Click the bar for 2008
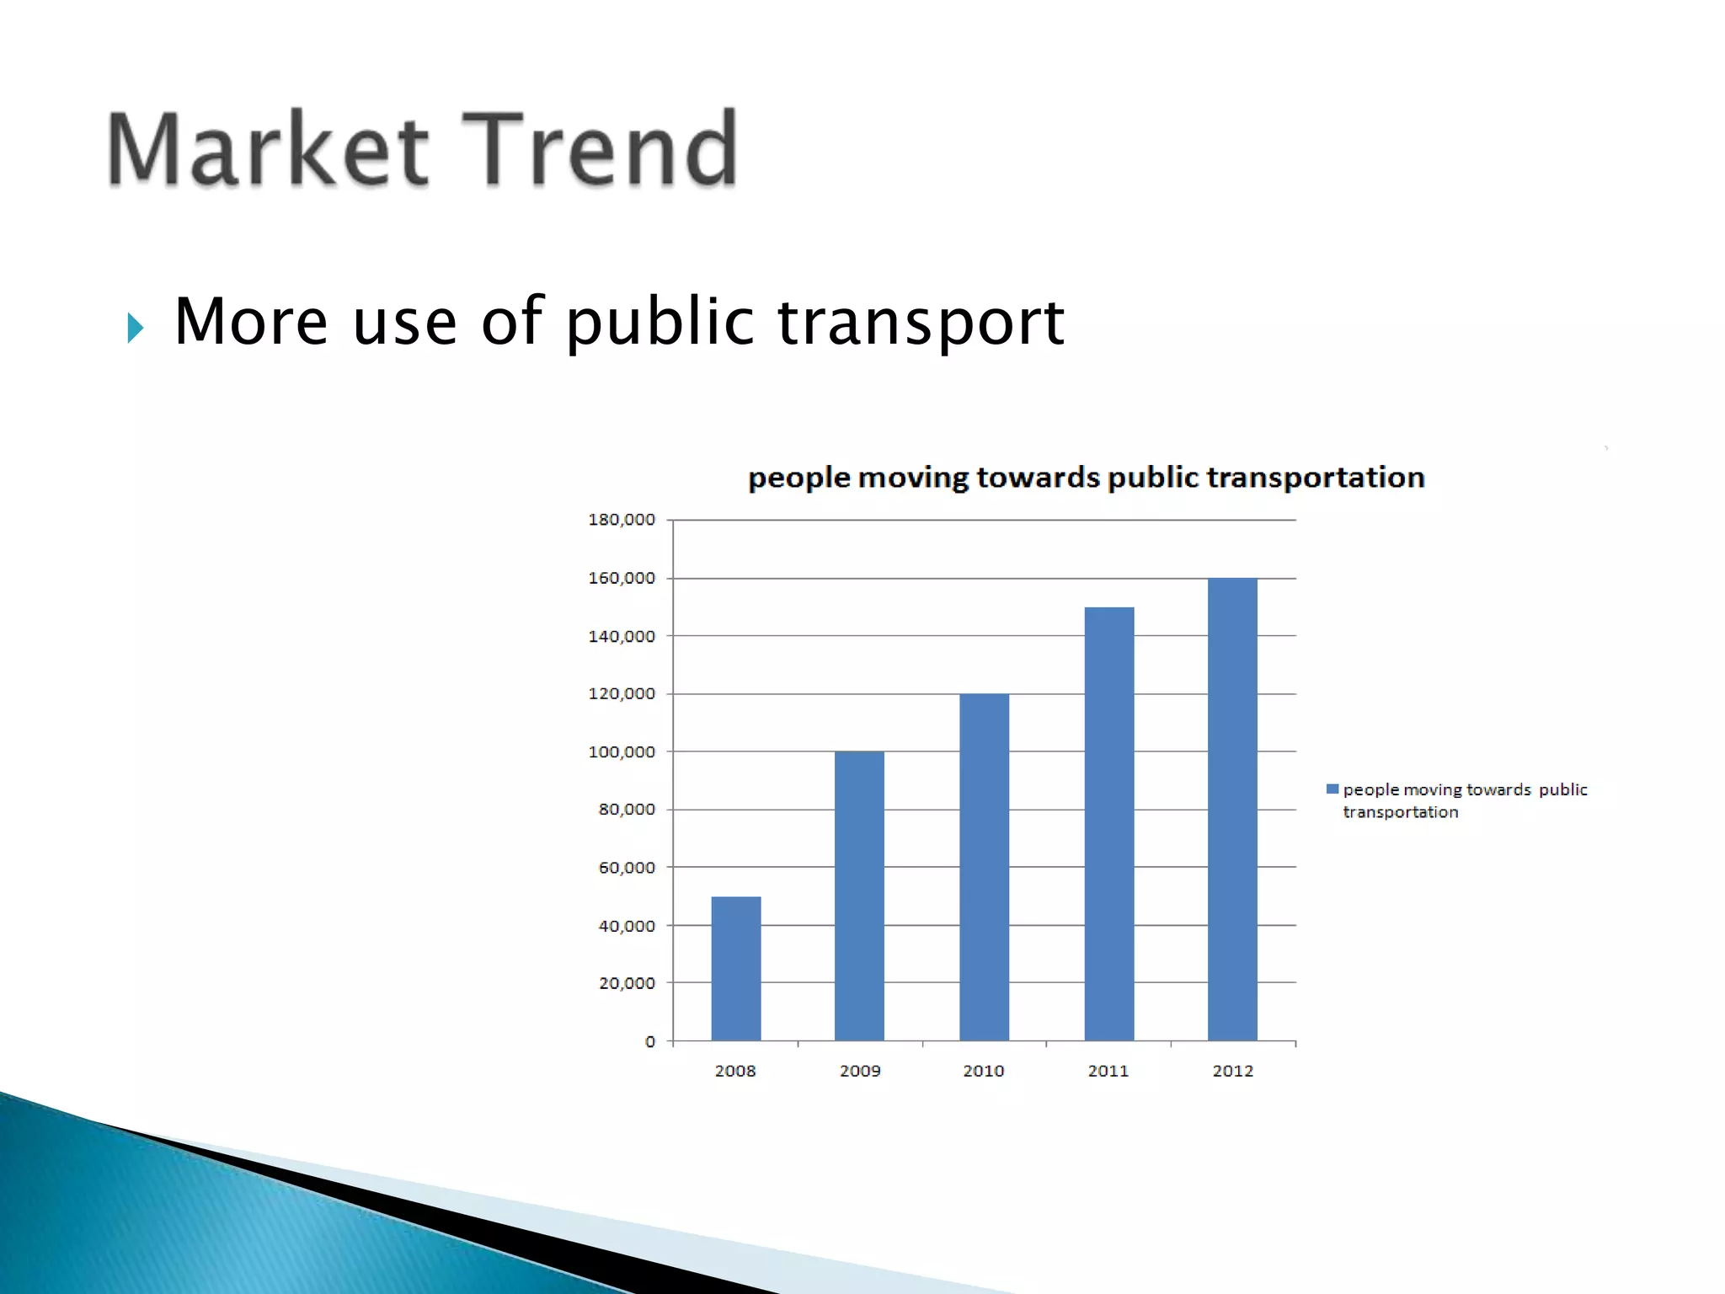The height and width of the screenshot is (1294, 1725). click(735, 969)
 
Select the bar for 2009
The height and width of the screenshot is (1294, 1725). click(859, 896)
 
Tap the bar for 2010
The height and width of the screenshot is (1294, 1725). click(984, 867)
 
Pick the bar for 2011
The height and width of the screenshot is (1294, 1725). click(1108, 823)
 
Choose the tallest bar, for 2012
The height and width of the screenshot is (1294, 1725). click(1232, 809)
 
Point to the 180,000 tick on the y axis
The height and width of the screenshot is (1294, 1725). click(622, 520)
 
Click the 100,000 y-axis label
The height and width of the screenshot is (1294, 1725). click(622, 751)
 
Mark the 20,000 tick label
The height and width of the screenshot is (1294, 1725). click(627, 983)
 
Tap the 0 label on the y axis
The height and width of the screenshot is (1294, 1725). click(649, 1041)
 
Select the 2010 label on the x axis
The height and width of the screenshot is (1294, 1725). click(984, 1071)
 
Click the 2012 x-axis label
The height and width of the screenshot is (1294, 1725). click(1232, 1071)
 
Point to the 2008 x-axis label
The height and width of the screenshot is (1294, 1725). click(735, 1071)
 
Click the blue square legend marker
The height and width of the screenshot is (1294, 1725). click(1332, 789)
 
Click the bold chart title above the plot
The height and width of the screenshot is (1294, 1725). click(1087, 478)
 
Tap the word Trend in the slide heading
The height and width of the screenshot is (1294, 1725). click(600, 149)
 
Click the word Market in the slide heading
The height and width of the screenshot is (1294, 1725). click(268, 149)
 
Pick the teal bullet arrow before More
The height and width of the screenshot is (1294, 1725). click(136, 328)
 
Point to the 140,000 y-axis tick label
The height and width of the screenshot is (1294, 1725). click(622, 636)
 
